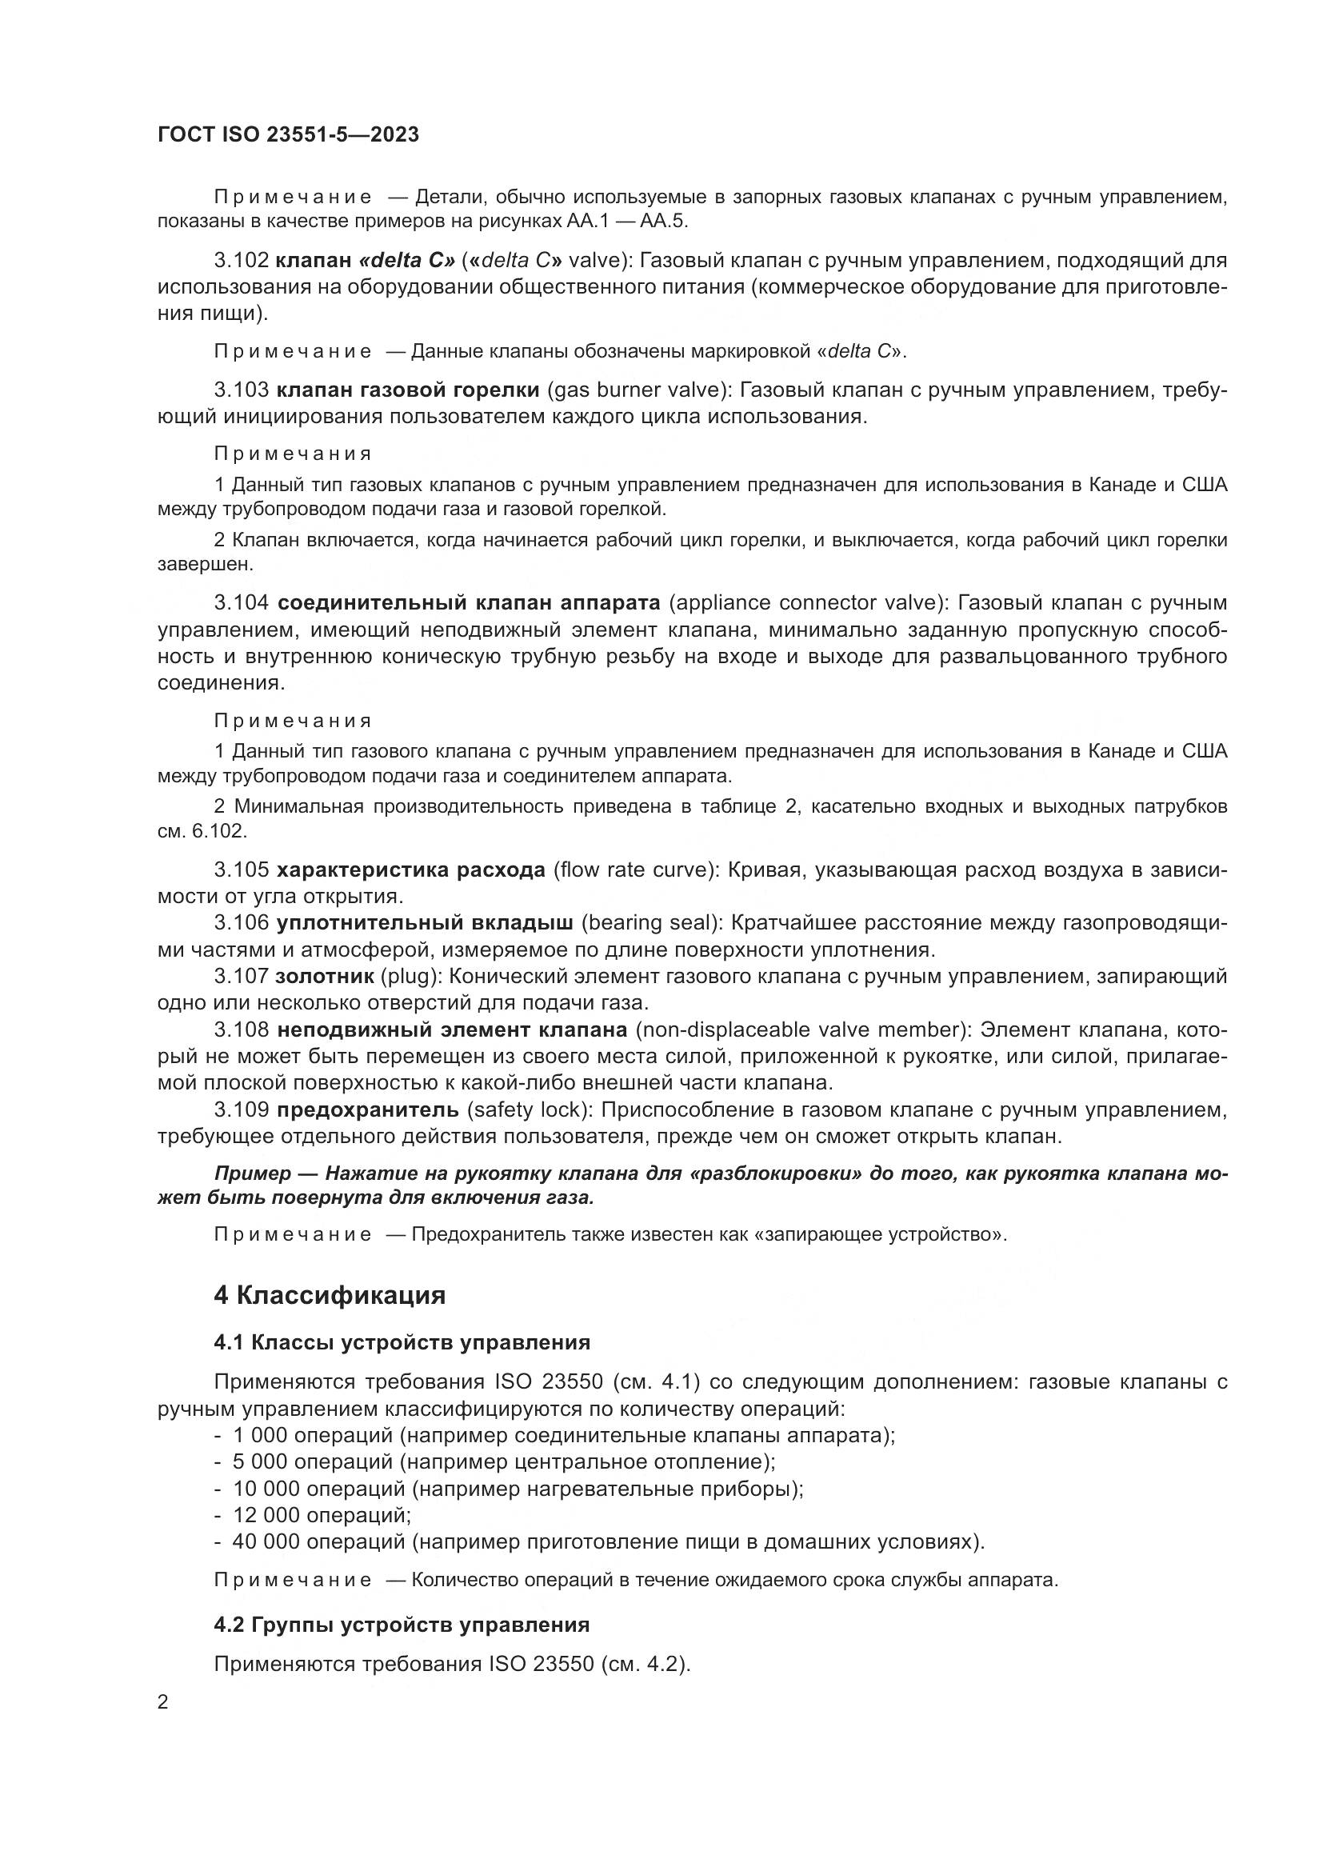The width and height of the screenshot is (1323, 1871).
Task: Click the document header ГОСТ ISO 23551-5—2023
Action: point(288,134)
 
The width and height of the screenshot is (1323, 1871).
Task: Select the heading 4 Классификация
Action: point(329,1296)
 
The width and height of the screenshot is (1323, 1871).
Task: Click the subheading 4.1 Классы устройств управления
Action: point(402,1342)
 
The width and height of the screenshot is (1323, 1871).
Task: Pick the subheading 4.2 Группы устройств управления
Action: point(401,1625)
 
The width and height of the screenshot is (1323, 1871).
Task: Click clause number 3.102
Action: point(241,261)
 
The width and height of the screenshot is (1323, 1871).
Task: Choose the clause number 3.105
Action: point(241,870)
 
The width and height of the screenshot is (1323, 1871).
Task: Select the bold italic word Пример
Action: point(252,1173)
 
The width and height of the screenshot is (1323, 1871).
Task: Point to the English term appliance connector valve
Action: point(808,603)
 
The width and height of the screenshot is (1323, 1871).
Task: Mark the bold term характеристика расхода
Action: point(410,870)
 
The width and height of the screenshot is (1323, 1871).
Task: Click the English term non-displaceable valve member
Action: point(799,1030)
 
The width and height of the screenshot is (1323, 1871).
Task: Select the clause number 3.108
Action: point(241,1030)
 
